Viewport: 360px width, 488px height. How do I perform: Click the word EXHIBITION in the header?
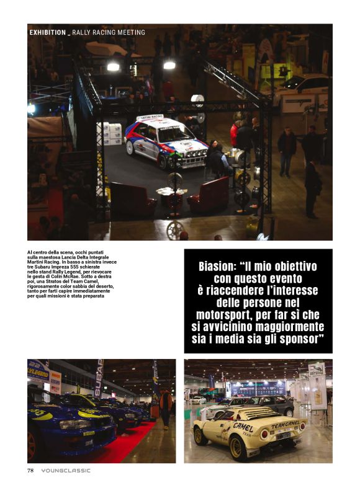pos(47,32)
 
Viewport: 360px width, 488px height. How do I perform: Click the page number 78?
pos(30,470)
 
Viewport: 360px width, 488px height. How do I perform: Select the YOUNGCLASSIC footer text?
pos(66,470)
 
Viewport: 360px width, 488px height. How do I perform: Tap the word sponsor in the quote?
pos(297,339)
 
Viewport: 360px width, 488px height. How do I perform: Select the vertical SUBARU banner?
pos(98,378)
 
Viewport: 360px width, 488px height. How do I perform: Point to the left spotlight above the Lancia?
pos(113,66)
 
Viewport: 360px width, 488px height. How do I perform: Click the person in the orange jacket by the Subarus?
pos(166,404)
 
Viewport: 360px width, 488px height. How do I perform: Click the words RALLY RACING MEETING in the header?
pos(109,32)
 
